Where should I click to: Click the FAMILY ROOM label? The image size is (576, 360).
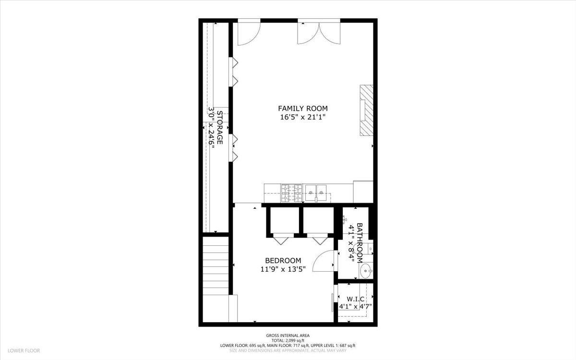point(303,108)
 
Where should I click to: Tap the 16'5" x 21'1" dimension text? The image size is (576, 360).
point(303,117)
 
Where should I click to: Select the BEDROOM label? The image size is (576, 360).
point(283,261)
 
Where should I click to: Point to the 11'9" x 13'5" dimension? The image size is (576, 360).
point(283,269)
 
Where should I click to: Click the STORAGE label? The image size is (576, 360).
point(220,127)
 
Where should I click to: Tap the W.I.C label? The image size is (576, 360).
point(355,299)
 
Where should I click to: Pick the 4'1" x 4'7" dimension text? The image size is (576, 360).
point(355,307)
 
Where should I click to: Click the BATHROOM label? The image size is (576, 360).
point(360,243)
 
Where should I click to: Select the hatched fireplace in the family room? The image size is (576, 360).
point(366,110)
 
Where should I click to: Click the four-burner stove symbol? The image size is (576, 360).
point(292,193)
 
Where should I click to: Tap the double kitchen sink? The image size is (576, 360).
point(316,193)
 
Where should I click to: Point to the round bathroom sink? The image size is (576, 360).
point(366,271)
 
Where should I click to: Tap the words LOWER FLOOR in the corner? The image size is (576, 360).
point(24,350)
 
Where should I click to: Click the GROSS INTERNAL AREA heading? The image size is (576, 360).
point(288,336)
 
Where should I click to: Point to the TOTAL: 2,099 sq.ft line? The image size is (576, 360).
point(288,340)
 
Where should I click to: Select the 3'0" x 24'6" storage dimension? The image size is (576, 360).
point(211,127)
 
